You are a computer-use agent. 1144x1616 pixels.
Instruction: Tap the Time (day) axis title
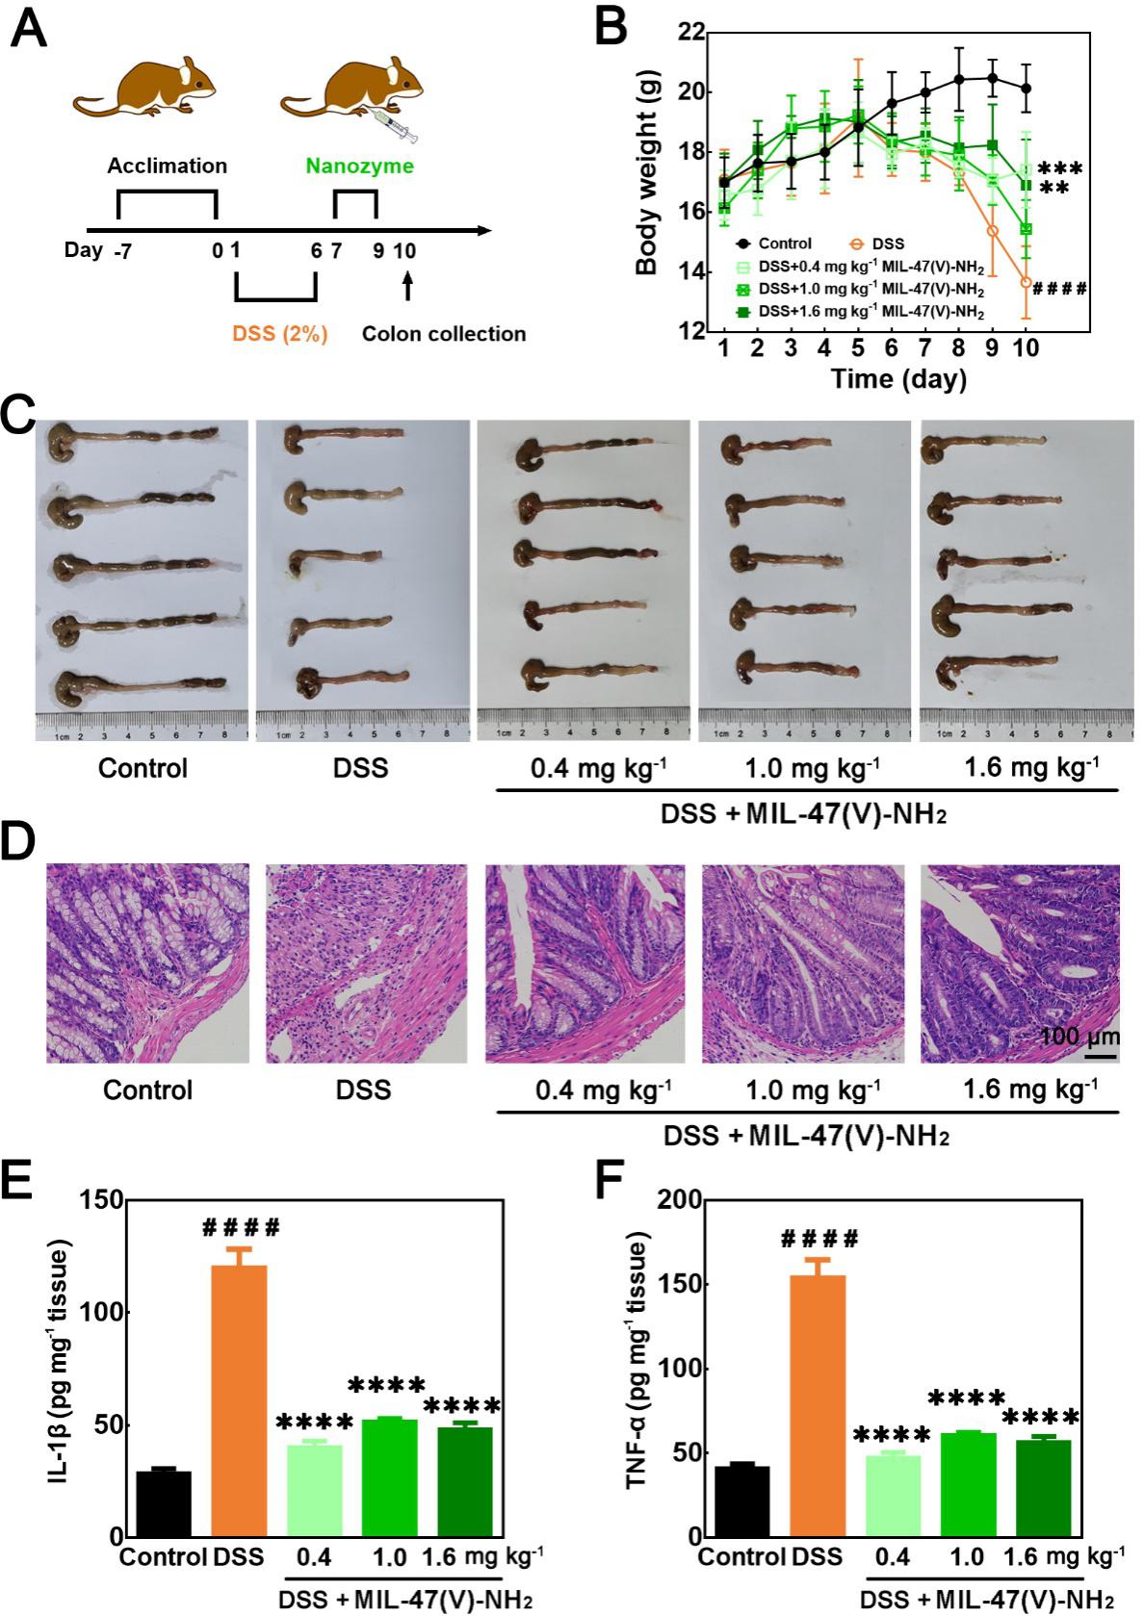point(899,378)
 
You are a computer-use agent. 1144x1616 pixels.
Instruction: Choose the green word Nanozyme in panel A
point(359,166)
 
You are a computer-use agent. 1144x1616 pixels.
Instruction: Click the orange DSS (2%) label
point(279,334)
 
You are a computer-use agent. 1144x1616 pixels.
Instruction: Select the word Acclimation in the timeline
point(168,166)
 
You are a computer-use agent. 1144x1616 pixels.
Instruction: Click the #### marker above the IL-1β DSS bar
point(241,1228)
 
